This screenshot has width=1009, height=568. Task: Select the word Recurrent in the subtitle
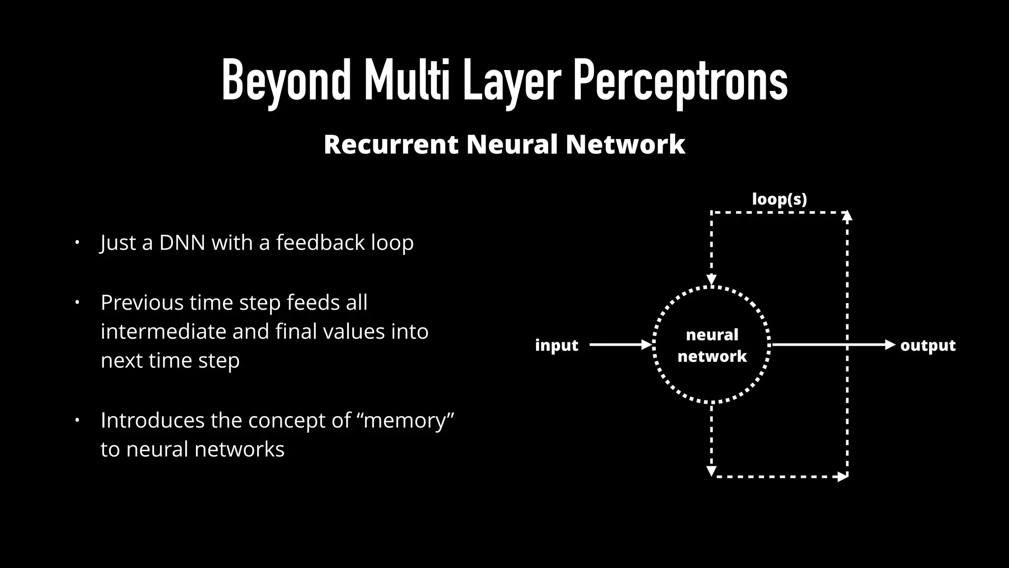tap(391, 144)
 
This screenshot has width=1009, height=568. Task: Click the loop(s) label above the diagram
tap(779, 199)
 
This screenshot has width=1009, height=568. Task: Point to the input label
tap(556, 345)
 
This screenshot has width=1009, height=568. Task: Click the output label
tap(928, 345)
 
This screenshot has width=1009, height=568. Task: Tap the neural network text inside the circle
tap(712, 345)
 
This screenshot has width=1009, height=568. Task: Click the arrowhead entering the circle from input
tap(646, 345)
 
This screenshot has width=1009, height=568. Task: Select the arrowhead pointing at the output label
tap(890, 345)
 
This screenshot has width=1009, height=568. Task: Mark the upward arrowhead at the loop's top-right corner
tap(847, 215)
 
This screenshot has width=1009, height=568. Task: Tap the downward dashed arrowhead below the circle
tap(711, 471)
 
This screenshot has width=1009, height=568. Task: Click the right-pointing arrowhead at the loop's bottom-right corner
tap(843, 477)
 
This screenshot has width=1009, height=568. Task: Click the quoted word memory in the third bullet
tap(408, 421)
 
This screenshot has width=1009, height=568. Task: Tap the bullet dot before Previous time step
tap(77, 302)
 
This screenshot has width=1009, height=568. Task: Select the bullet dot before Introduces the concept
tap(77, 421)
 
